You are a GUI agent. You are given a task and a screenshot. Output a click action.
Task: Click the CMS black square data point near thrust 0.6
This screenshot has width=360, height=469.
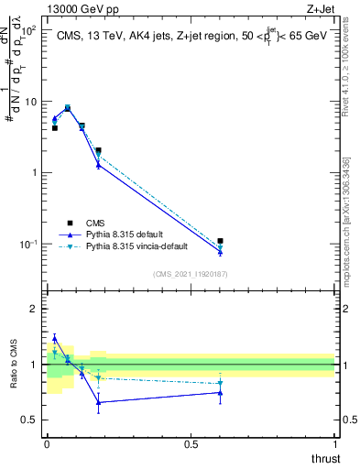220,241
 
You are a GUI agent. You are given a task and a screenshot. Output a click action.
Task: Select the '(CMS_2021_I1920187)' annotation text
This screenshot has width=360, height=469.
190,273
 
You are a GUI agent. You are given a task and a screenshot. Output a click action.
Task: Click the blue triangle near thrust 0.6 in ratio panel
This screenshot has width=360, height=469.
220,392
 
